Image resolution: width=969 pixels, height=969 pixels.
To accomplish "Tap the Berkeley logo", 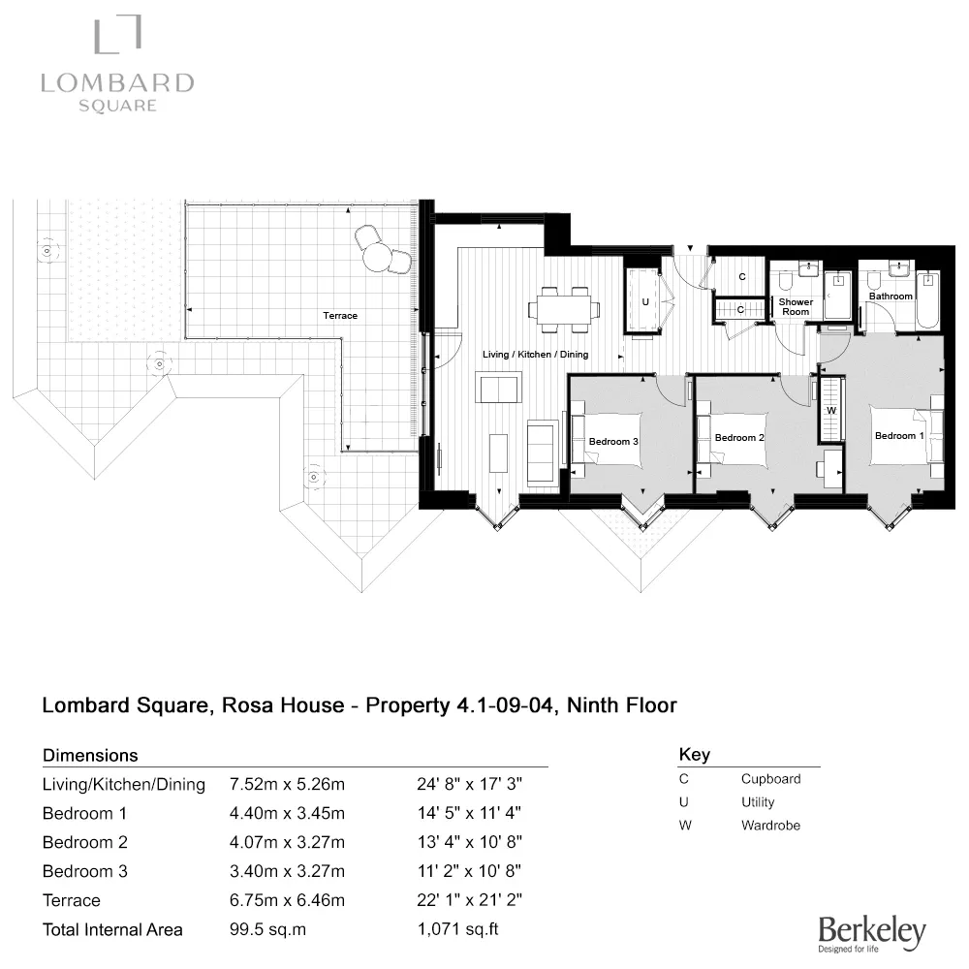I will [x=871, y=932].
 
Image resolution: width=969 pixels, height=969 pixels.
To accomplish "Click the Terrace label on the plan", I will [x=340, y=316].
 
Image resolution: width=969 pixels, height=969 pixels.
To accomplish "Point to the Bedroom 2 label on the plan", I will [x=739, y=438].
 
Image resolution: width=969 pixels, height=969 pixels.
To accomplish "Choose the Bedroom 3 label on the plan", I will [x=613, y=442].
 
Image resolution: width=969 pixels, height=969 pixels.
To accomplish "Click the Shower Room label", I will [x=796, y=307].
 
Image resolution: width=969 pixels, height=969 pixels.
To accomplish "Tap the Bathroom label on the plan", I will [x=890, y=297].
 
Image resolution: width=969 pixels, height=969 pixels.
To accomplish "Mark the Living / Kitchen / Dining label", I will [x=535, y=355].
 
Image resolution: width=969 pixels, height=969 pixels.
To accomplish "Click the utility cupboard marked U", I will [x=645, y=302].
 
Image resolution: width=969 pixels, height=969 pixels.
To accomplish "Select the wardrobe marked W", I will [x=831, y=410].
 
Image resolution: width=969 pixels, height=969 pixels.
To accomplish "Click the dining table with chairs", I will [x=563, y=309].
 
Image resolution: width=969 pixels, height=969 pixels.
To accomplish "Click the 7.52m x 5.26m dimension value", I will [x=288, y=784].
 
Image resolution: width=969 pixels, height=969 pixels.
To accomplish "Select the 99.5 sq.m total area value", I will [x=268, y=929].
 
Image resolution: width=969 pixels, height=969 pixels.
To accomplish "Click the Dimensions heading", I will [x=91, y=755].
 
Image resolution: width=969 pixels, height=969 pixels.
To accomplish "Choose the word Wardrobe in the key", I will [x=770, y=826].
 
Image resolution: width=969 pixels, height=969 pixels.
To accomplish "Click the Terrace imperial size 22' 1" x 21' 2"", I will [x=469, y=900].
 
